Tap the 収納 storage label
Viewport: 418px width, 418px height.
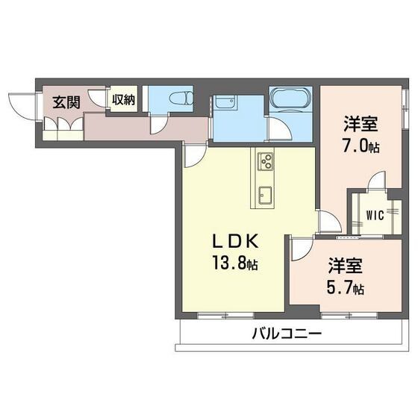click(x=123, y=99)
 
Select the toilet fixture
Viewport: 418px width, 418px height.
click(x=178, y=97)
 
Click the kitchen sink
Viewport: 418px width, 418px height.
click(x=266, y=196)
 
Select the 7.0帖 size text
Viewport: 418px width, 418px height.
click(x=361, y=146)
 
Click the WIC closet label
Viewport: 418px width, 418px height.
click(x=375, y=217)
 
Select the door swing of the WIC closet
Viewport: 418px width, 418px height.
click(x=376, y=183)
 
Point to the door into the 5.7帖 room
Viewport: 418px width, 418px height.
click(x=302, y=248)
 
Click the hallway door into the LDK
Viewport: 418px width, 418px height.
click(x=194, y=155)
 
